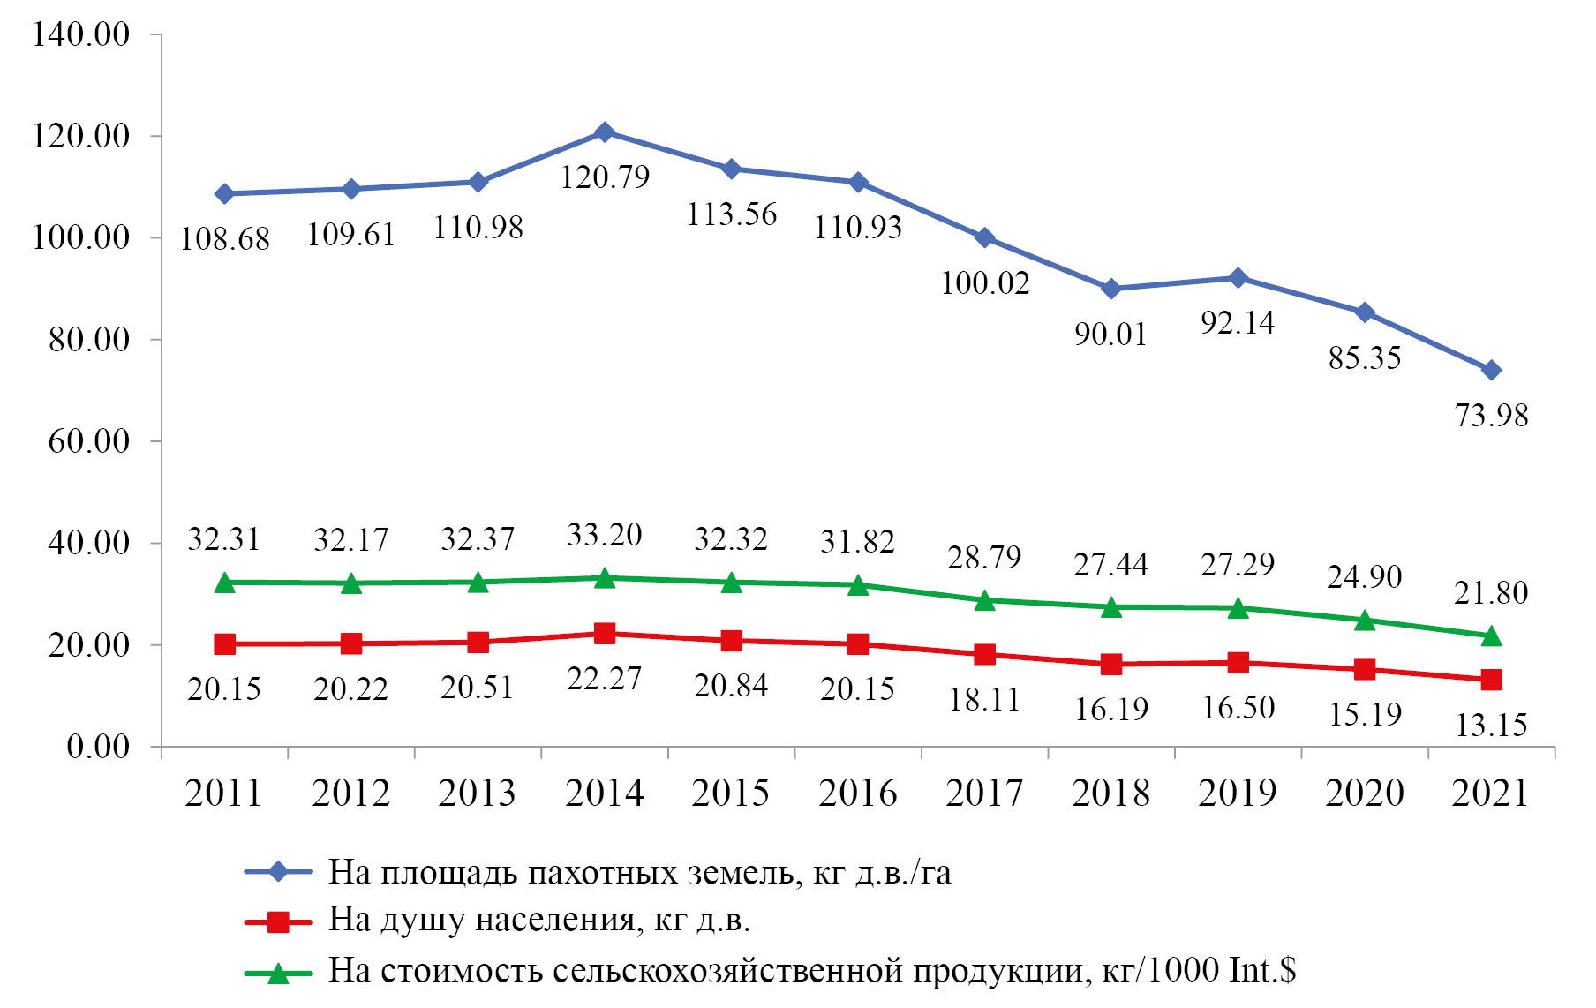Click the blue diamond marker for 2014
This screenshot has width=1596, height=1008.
pos(605,132)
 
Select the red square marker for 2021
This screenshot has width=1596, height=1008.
pos(1491,680)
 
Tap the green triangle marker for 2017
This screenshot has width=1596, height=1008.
pos(984,600)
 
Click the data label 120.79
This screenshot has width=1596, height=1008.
pos(605,177)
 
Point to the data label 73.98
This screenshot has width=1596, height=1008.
pos(1491,415)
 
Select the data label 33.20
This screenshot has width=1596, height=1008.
pos(605,535)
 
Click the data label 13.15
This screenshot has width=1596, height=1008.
pos(1491,726)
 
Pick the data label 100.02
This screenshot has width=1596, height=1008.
pos(984,283)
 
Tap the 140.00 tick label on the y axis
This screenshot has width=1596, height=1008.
pos(81,35)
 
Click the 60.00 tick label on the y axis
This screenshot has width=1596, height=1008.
pos(88,441)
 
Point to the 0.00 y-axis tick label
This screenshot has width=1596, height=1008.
pos(98,747)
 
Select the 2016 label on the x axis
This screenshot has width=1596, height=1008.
pos(857,793)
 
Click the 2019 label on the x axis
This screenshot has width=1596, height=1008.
pos(1238,793)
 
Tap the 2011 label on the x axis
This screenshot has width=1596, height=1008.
pos(224,793)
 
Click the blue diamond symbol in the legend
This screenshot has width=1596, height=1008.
pos(278,872)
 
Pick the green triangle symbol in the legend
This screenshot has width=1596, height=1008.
pos(278,973)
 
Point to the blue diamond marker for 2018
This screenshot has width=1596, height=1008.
pos(1111,289)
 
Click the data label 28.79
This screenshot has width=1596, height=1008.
pos(984,558)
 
